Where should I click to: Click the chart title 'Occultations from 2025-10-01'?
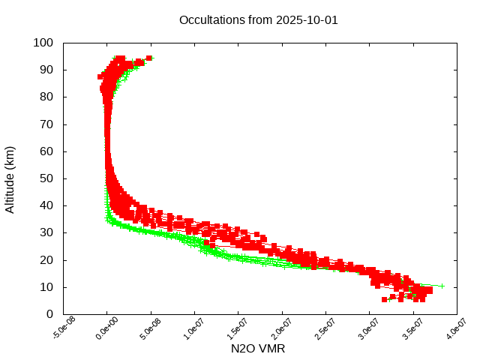click(259, 19)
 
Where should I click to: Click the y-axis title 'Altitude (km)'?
click(10, 178)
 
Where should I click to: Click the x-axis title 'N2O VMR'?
click(258, 348)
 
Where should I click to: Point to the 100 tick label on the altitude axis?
click(43, 43)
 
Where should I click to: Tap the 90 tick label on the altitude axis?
click(46, 70)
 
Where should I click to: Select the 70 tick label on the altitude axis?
click(46, 124)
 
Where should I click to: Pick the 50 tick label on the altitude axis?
click(46, 178)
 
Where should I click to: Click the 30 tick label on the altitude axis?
click(46, 232)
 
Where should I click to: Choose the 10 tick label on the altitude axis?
click(46, 287)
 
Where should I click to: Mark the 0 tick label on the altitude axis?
click(49, 314)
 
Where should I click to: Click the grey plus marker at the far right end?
click(442, 286)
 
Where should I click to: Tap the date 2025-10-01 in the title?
click(307, 19)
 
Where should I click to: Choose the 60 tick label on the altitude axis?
click(46, 151)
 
